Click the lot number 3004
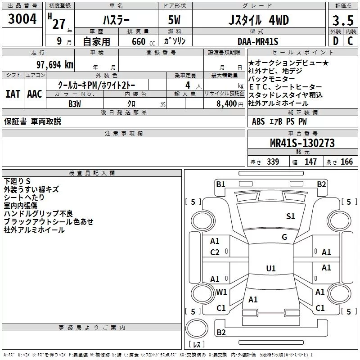22,19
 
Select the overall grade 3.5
343,21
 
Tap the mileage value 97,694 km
55,65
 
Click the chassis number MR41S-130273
302,143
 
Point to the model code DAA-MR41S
258,41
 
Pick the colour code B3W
75,104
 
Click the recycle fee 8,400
227,103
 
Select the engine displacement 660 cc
143,41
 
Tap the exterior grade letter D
336,41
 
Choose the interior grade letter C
350,41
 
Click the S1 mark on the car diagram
290,216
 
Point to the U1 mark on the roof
271,268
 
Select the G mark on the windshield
284,237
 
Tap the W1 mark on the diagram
221,292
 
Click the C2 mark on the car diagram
215,252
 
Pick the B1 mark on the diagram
220,184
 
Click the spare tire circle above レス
197,328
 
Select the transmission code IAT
13,94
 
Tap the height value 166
346,162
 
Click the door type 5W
174,20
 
